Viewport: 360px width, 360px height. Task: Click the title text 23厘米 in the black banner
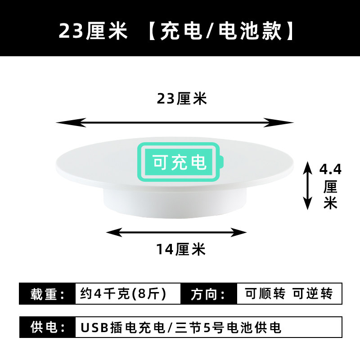(94, 31)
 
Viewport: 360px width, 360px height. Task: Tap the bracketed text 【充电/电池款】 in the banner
(221, 31)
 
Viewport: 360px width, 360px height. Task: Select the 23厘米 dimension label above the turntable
(182, 99)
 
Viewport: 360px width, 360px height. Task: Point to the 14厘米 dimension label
(181, 248)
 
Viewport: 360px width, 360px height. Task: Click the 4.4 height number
(330, 170)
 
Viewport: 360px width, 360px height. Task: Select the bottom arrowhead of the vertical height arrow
(307, 205)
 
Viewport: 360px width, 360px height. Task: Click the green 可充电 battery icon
(180, 161)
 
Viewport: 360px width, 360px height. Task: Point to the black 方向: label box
(208, 294)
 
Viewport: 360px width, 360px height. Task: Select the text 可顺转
(265, 294)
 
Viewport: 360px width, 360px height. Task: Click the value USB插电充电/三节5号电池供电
(180, 327)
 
